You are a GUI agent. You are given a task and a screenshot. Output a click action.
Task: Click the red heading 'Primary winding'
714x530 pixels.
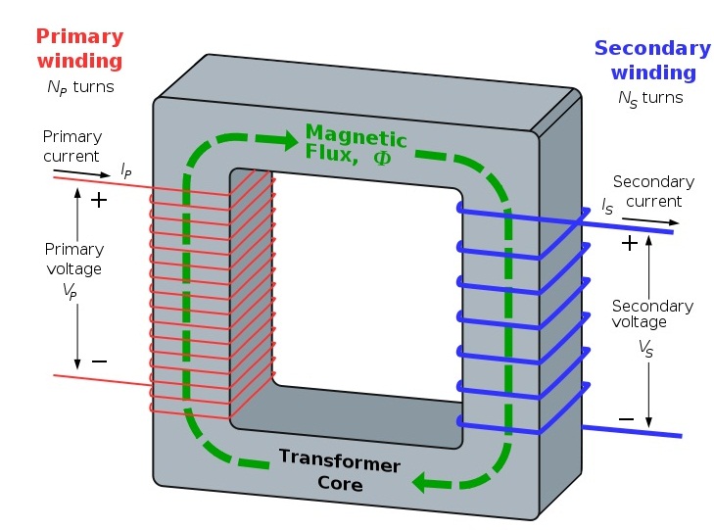79,49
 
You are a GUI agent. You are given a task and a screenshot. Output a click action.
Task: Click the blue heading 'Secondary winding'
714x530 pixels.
652,59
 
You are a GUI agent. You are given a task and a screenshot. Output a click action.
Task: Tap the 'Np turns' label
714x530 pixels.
80,86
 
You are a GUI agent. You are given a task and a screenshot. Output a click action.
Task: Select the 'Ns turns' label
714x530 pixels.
650,98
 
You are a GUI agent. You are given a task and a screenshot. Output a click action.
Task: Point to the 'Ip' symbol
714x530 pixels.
125,170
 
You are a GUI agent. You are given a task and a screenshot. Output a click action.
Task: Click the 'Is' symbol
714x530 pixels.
608,206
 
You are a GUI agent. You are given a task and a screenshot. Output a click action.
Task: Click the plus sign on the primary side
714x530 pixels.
98,200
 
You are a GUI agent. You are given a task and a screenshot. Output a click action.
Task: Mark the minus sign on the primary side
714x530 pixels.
98,361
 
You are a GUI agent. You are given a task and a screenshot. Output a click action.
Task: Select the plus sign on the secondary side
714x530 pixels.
629,241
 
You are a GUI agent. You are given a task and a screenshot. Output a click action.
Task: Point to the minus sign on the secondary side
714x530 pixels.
626,419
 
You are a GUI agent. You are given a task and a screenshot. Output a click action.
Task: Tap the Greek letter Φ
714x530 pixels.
381,156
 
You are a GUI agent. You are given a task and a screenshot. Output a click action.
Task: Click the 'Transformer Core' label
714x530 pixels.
339,469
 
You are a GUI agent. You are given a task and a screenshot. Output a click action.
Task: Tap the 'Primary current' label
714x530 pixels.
71,146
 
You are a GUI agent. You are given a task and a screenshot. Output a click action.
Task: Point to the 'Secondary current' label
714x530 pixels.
652,191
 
